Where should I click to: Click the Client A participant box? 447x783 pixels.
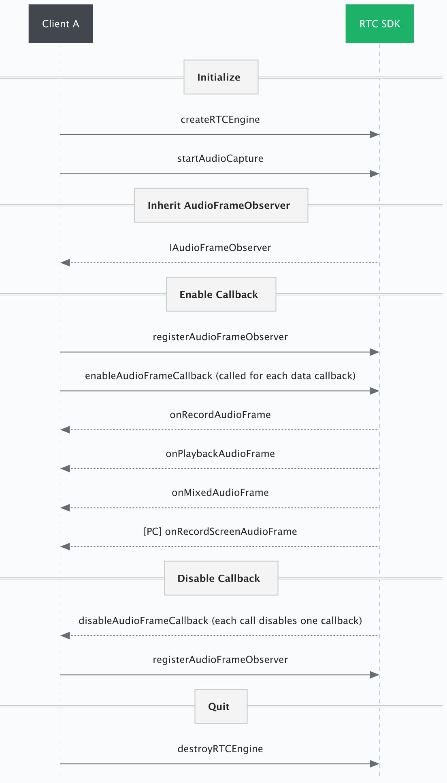61,24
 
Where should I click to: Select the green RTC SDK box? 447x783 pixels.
379,24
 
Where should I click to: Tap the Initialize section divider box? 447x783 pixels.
221,77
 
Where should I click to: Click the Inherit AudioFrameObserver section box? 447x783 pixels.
221,205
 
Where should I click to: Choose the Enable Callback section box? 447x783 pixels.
221,294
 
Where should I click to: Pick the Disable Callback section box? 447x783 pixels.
221,578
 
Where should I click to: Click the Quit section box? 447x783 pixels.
221,707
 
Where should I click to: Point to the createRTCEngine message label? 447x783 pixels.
220,120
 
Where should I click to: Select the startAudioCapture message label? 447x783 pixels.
220,159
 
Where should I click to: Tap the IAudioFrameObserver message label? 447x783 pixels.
220,248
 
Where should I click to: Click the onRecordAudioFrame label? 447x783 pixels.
220,415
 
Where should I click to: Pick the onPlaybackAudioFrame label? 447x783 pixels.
220,454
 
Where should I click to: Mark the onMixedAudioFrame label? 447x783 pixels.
220,493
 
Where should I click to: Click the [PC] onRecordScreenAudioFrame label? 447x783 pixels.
220,531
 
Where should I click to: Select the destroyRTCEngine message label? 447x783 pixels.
220,749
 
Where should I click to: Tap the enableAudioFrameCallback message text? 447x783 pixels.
220,376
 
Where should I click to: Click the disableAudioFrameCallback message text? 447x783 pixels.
220,621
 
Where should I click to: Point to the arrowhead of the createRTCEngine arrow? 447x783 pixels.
375,135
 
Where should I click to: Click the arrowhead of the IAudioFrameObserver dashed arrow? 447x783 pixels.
65,263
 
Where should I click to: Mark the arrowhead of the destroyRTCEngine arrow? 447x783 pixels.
375,764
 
